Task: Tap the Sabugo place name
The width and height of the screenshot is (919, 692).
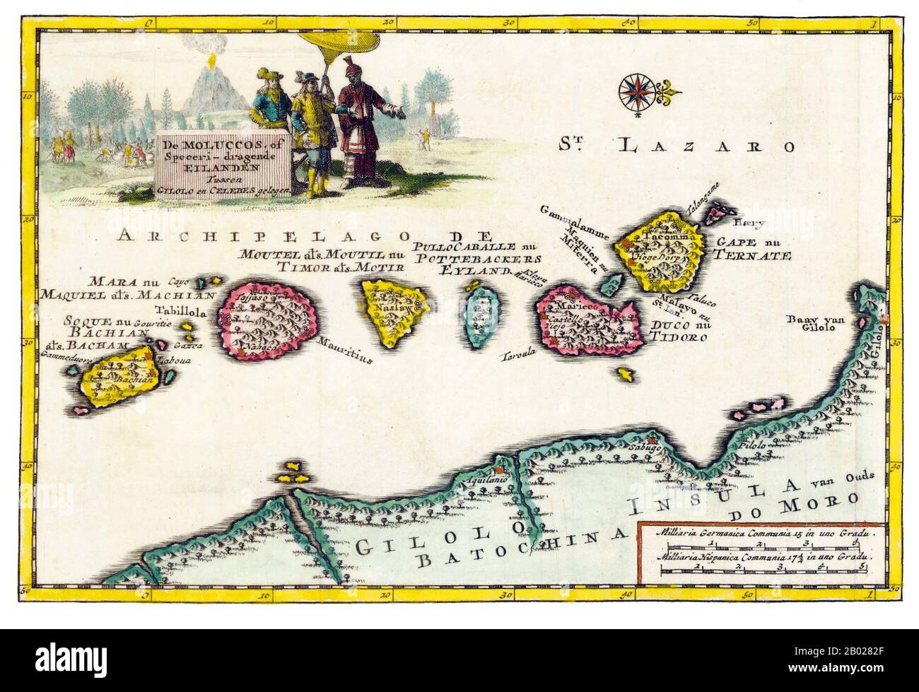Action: [x=643, y=447]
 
